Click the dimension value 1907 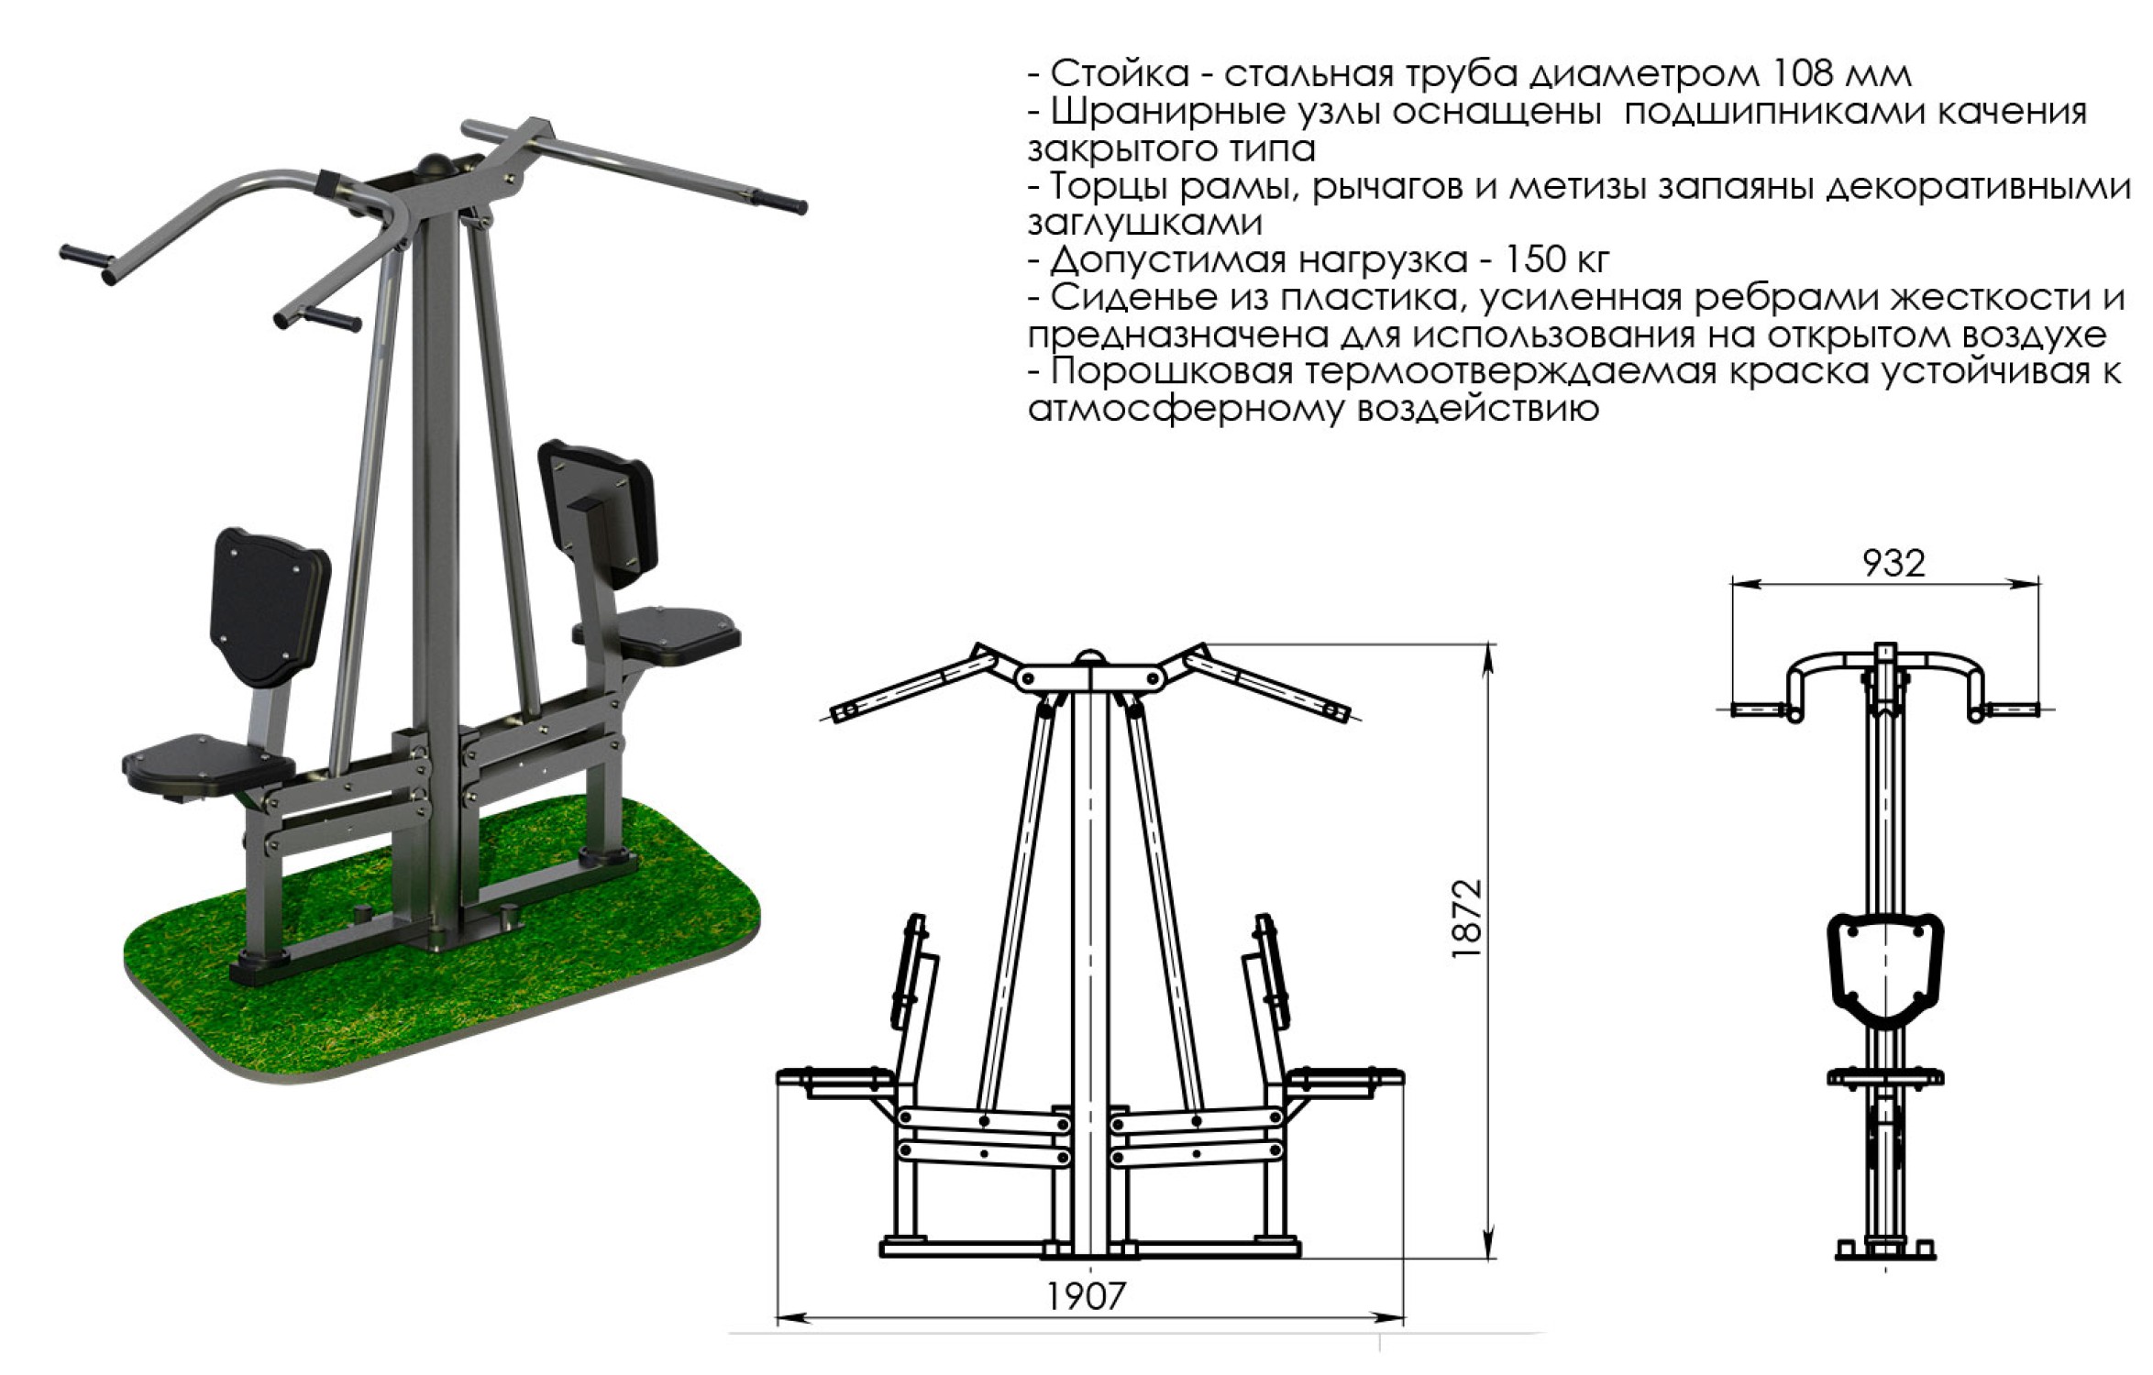coord(1086,1295)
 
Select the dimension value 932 coord(1894,563)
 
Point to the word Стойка coord(1120,73)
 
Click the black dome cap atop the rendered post coord(435,166)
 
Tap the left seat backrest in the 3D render coord(270,607)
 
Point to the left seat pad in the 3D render coord(208,763)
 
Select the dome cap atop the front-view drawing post coord(1090,656)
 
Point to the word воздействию coord(1477,409)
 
